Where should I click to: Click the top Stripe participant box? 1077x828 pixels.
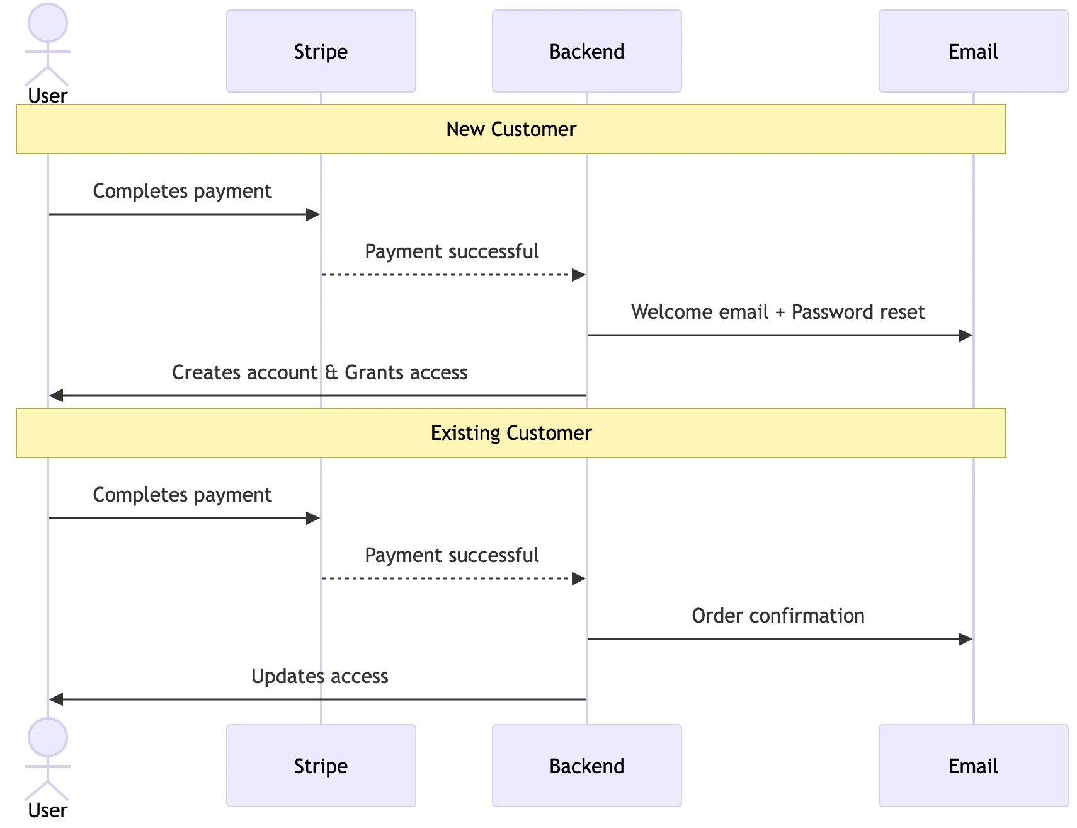click(x=321, y=51)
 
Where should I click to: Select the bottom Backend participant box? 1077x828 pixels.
click(x=586, y=766)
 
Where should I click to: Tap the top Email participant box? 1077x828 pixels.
click(x=973, y=51)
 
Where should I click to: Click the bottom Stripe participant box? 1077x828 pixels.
click(x=321, y=766)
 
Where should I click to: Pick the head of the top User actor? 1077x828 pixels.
click(x=48, y=23)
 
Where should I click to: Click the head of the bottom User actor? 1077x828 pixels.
click(x=48, y=737)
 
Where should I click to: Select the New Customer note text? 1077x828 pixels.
click(x=511, y=129)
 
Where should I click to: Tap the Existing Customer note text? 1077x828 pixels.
click(x=511, y=433)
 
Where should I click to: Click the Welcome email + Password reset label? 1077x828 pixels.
click(x=778, y=312)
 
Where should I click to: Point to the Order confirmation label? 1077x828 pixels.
click(x=778, y=616)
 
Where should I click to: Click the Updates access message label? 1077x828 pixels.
click(x=319, y=676)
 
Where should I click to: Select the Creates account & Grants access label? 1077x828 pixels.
click(x=319, y=372)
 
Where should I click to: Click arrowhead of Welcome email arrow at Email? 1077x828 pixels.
click(x=966, y=335)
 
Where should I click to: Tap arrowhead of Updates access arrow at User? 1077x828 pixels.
click(x=57, y=699)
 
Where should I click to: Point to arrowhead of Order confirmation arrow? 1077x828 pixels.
click(x=966, y=639)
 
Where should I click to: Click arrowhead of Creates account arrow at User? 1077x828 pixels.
click(x=57, y=396)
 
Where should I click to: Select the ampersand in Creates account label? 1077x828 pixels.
click(x=331, y=372)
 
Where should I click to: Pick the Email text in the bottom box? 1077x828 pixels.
click(x=973, y=766)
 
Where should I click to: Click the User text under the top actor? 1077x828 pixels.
click(x=48, y=96)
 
